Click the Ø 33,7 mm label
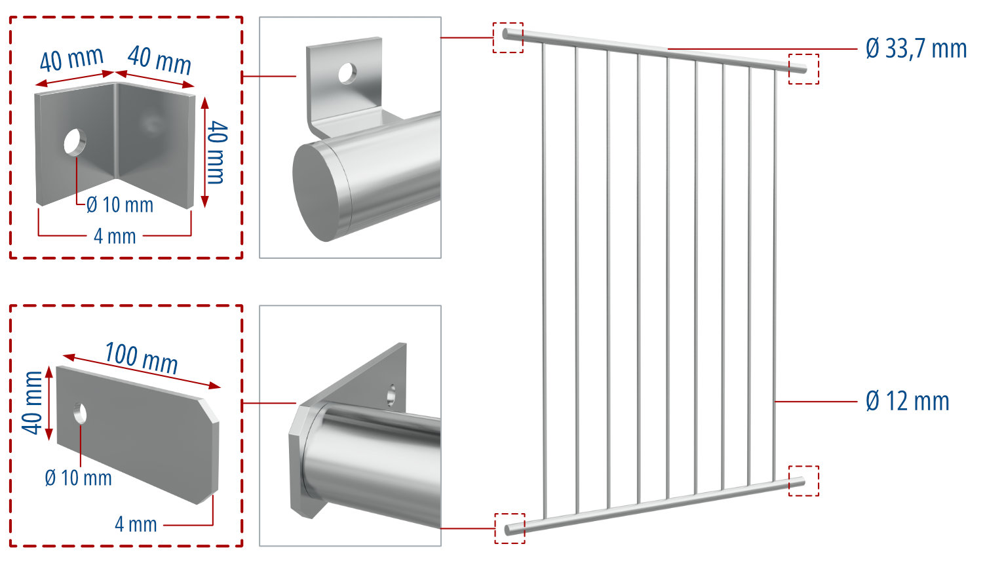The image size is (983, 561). pyautogui.click(x=916, y=48)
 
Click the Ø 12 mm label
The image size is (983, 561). pyautogui.click(x=907, y=401)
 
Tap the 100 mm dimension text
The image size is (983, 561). pyautogui.click(x=142, y=358)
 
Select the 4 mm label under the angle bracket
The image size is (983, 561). pyautogui.click(x=115, y=236)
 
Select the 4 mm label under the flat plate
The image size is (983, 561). pyautogui.click(x=136, y=524)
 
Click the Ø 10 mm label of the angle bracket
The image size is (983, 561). pyautogui.click(x=120, y=205)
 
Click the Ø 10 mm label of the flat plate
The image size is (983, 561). pyautogui.click(x=78, y=478)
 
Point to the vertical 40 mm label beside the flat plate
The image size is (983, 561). pyautogui.click(x=33, y=402)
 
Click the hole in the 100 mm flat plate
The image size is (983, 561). pyautogui.click(x=80, y=414)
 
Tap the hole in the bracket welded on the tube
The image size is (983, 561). pyautogui.click(x=347, y=73)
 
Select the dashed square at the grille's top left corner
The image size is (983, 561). pyautogui.click(x=508, y=37)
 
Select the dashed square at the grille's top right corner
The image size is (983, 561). pyautogui.click(x=803, y=69)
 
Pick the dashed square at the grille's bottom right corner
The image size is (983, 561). pyautogui.click(x=803, y=480)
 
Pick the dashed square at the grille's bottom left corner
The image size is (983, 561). pyautogui.click(x=509, y=528)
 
